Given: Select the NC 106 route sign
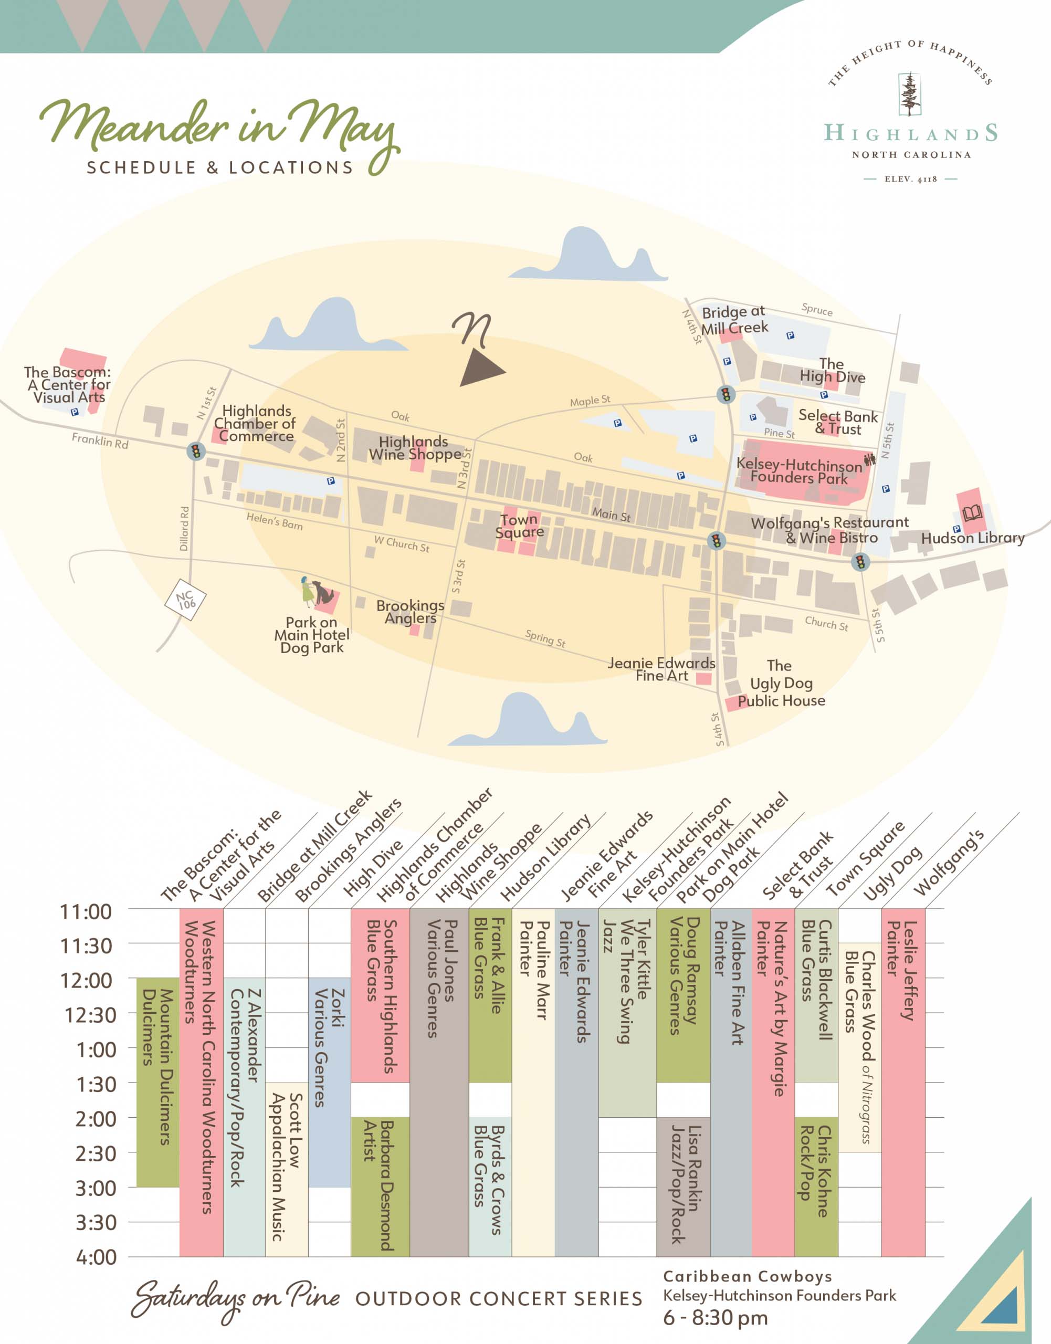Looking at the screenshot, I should click(185, 600).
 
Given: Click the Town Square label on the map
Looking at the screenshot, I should click(519, 526).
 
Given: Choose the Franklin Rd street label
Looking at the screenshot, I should click(100, 440).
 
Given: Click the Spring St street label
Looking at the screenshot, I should click(545, 638).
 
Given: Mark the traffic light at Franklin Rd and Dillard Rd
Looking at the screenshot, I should click(196, 451).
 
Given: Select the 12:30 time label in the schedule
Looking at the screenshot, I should click(90, 1015).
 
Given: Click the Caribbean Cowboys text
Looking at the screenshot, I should click(747, 1276).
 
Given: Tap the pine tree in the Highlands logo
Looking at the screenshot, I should click(909, 94).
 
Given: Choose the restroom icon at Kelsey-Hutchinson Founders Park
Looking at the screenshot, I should click(869, 459).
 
